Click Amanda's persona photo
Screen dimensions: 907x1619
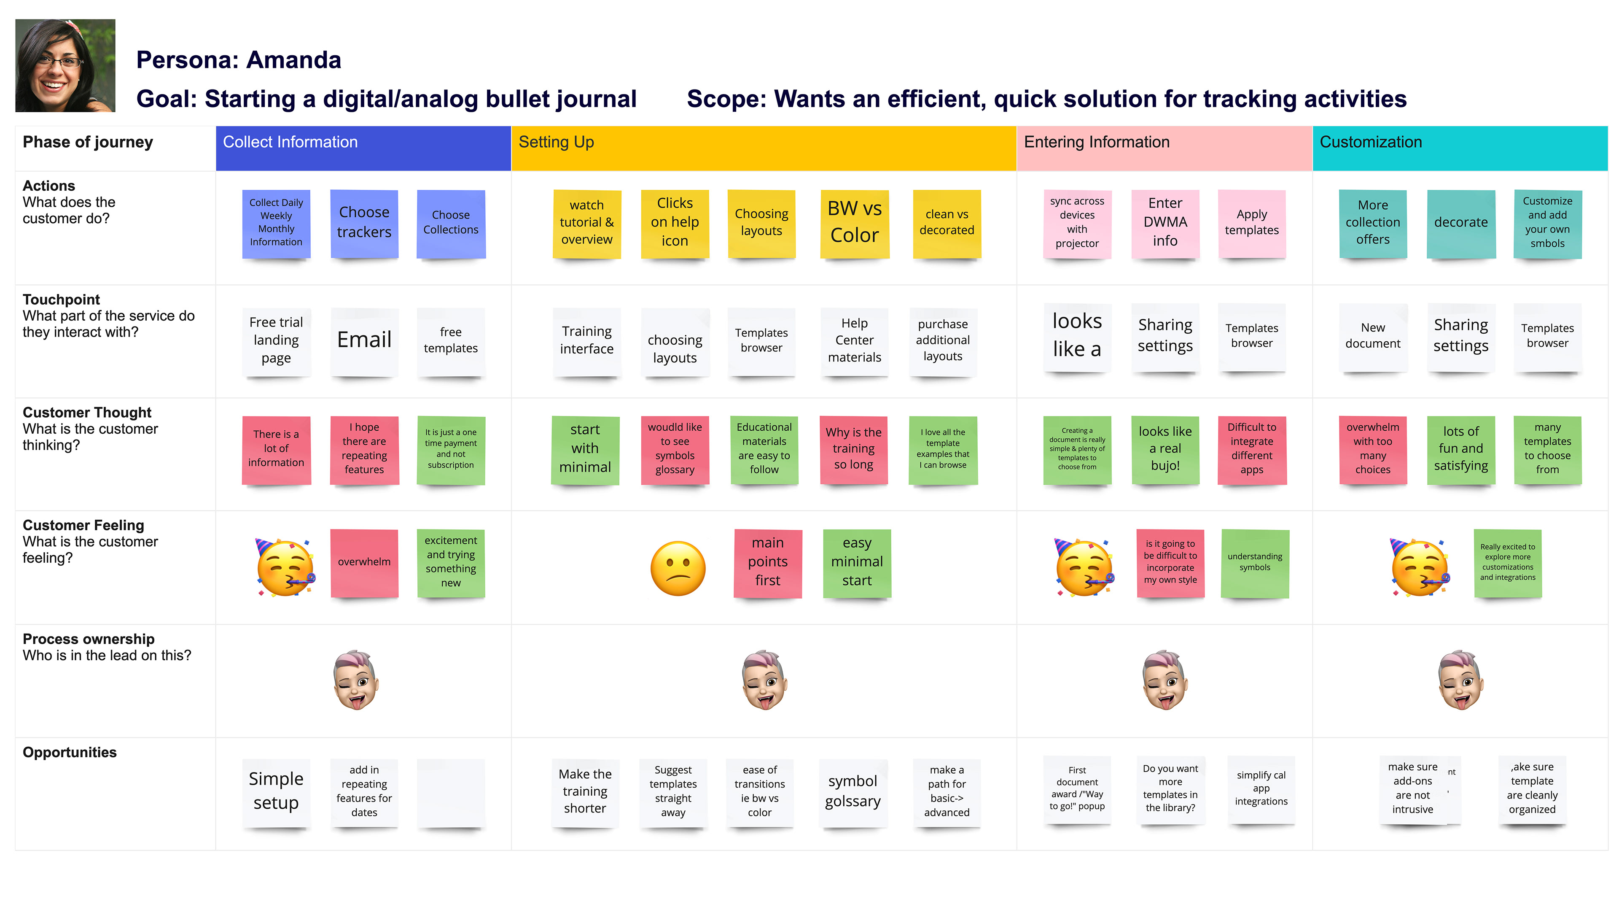(x=65, y=65)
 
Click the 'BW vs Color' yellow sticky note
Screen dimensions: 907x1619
(x=854, y=223)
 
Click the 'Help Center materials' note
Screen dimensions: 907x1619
(x=854, y=341)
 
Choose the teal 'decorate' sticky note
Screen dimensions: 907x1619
(x=1460, y=223)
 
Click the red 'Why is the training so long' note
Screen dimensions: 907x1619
(x=853, y=449)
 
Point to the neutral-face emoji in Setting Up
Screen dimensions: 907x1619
(x=678, y=568)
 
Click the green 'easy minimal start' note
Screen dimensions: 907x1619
(x=857, y=562)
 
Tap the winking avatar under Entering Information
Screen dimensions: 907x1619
(x=1164, y=680)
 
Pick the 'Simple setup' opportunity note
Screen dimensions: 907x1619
(x=276, y=791)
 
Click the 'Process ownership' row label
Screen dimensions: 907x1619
(x=89, y=639)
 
